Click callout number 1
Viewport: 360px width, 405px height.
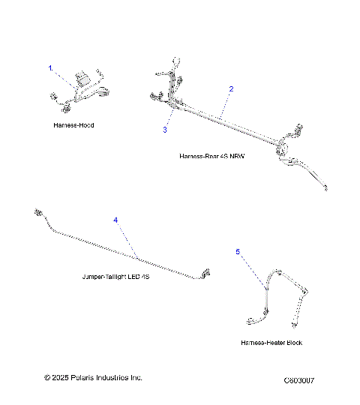(x=51, y=68)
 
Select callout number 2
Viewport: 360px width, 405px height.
(x=231, y=89)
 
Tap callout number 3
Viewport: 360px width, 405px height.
(x=165, y=129)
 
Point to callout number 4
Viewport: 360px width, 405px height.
(x=115, y=220)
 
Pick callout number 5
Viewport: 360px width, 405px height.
(x=238, y=253)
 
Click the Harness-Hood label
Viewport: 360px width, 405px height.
(x=74, y=125)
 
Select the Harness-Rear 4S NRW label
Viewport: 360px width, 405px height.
(x=212, y=156)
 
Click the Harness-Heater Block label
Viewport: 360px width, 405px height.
(x=272, y=342)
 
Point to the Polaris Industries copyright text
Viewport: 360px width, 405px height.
(x=93, y=378)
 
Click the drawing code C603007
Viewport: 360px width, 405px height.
(x=299, y=381)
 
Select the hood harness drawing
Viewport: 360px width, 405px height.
(x=81, y=90)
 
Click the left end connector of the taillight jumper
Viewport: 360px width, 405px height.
(x=37, y=214)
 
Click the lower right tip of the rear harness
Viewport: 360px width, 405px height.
(x=325, y=188)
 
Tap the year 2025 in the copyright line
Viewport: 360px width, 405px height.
(x=62, y=378)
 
